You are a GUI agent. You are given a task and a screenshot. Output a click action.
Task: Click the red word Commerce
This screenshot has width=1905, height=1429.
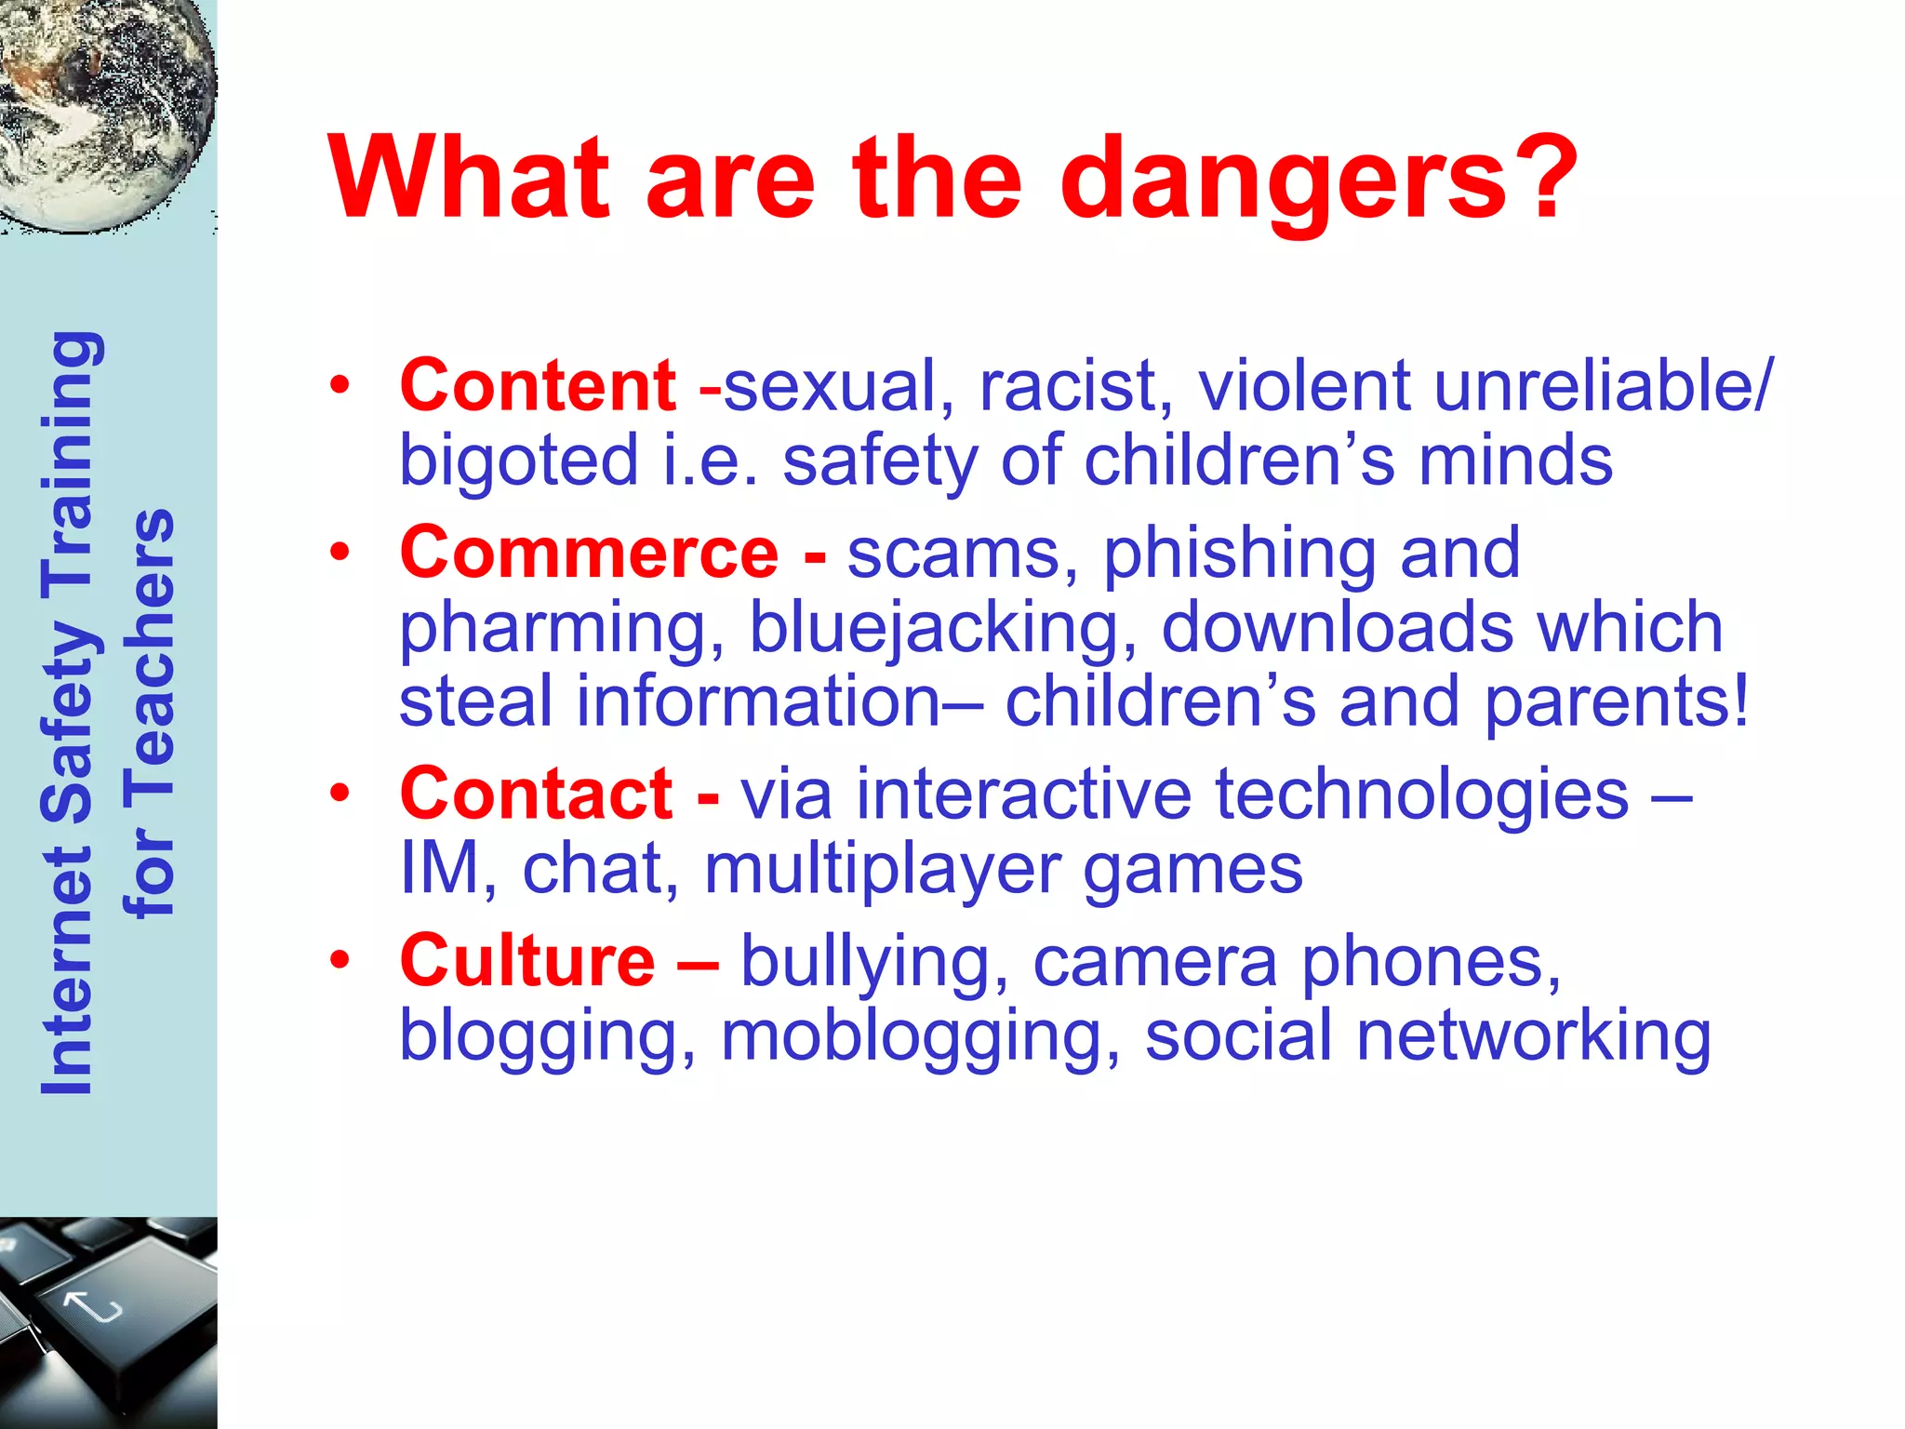point(589,553)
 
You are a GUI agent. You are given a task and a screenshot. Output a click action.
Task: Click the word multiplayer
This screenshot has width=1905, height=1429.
point(883,870)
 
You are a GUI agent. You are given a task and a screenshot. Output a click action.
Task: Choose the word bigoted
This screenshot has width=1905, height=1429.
point(519,461)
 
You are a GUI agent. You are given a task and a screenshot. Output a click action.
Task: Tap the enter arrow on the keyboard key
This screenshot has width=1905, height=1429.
point(93,1307)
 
